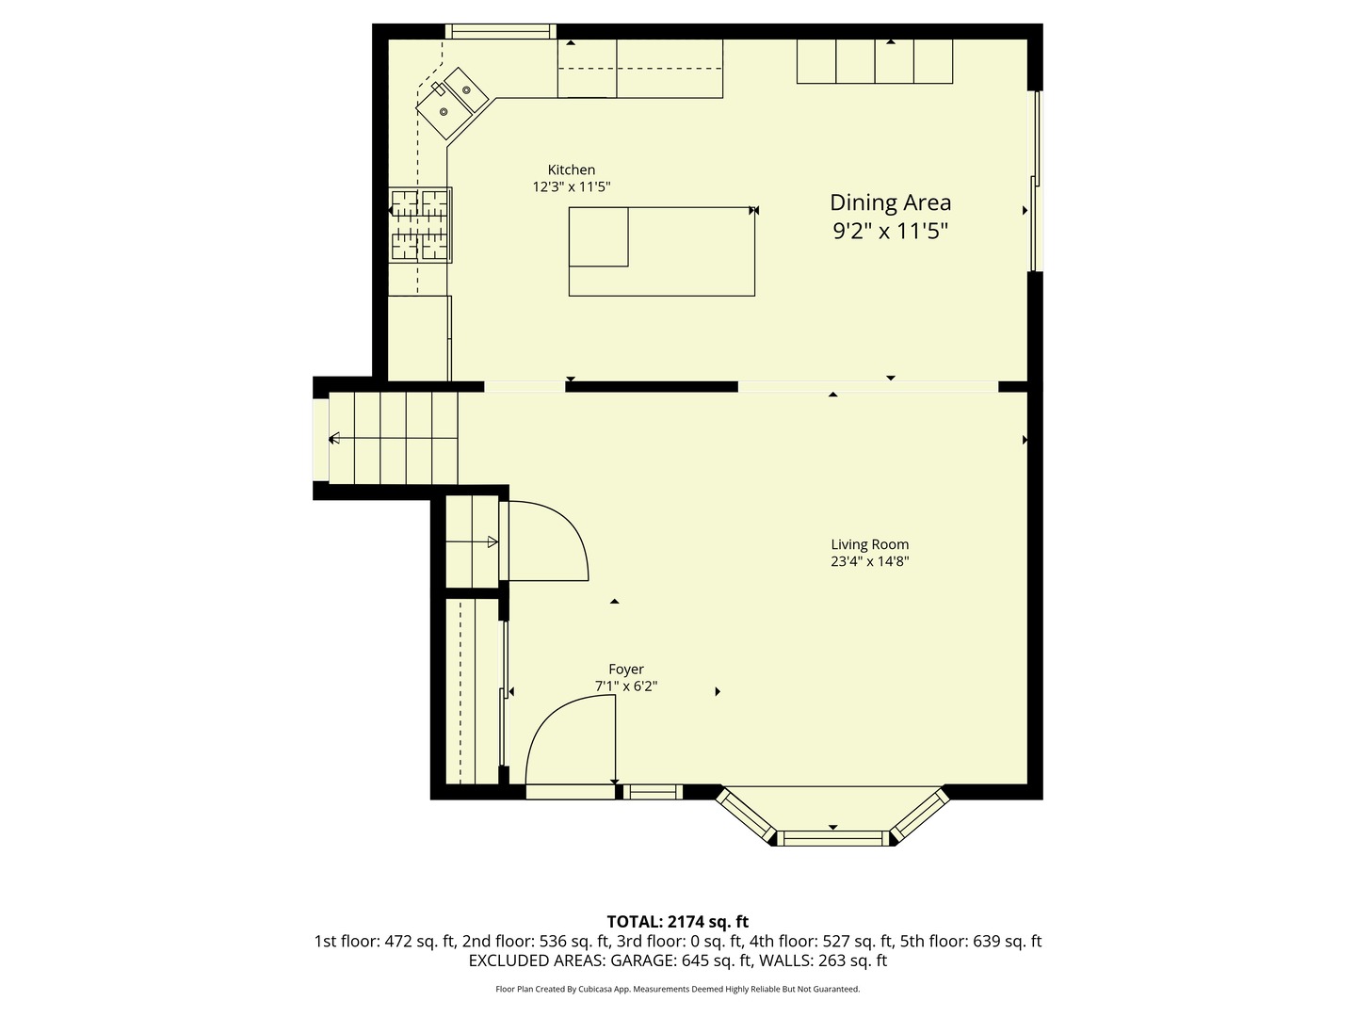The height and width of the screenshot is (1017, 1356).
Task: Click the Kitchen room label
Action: pos(571,170)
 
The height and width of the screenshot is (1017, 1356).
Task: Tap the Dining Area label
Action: pos(890,202)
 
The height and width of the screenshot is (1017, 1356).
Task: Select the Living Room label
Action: pos(869,544)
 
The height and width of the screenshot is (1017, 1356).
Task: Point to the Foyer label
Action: pos(625,670)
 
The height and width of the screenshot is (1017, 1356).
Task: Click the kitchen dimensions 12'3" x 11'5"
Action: pos(571,187)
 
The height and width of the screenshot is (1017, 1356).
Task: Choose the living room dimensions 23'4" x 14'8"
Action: pos(869,562)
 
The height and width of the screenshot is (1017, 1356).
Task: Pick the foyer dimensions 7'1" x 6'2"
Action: pos(625,686)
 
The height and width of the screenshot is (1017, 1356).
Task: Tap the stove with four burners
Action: pos(421,224)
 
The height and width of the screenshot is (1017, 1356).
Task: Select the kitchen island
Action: pos(661,251)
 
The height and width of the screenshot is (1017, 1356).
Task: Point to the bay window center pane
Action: pos(832,837)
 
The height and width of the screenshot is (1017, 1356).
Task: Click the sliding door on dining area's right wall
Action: pos(1035,181)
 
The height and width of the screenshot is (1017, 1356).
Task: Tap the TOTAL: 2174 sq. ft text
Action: pos(677,921)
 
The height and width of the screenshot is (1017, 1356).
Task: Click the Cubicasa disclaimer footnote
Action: pos(677,989)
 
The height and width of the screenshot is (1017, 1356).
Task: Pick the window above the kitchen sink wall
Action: pos(500,32)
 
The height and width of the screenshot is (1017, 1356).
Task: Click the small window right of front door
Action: pos(653,792)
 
